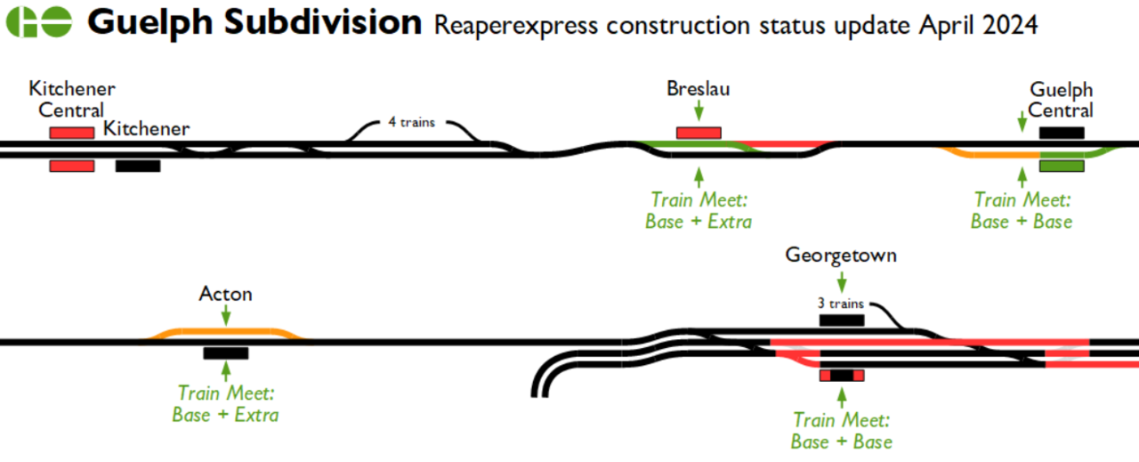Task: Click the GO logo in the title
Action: click(39, 23)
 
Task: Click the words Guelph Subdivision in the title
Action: click(255, 23)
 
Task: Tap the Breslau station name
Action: click(698, 89)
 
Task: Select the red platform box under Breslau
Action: click(699, 133)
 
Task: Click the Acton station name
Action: click(226, 294)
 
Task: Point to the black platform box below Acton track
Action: click(226, 353)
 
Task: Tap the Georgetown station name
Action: click(841, 255)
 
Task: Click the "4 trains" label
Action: click(411, 122)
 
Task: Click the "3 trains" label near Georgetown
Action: click(841, 303)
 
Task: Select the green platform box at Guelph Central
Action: click(1062, 166)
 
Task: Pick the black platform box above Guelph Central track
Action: click(1062, 133)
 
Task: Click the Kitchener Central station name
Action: click(72, 100)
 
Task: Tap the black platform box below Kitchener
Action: click(138, 166)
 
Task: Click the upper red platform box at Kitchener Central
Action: click(71, 133)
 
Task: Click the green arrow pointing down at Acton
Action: click(226, 314)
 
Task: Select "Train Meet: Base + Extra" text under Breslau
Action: click(699, 211)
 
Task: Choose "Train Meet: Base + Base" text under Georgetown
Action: click(841, 431)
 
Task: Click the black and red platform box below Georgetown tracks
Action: click(841, 376)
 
